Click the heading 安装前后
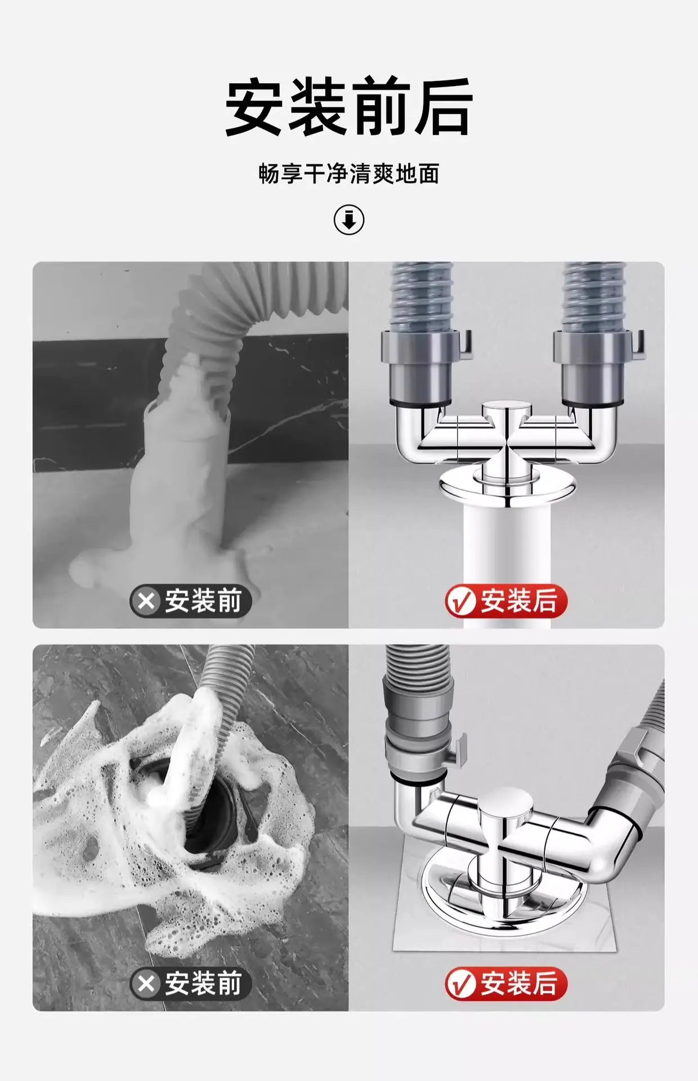pyautogui.click(x=349, y=107)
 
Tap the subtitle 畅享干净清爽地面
pyautogui.click(x=349, y=174)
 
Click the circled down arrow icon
pyautogui.click(x=349, y=220)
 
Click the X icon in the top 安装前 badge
pyautogui.click(x=146, y=601)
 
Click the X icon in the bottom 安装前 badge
pyautogui.click(x=146, y=984)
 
